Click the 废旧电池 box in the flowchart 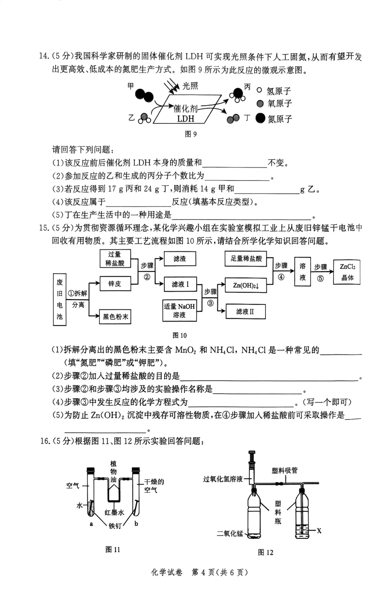pos(59,299)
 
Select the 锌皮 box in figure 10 pos(115,284)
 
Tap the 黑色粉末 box pos(115,317)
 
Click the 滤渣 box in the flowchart pos(180,259)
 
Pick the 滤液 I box pos(180,284)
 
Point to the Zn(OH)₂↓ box pos(246,285)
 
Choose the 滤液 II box pos(245,312)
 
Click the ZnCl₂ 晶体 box pos(347,272)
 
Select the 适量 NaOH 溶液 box pos(179,311)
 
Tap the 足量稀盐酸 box pos(246,259)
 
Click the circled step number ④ pos(281,277)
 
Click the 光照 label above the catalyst pos(190,86)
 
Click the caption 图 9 pos(191,134)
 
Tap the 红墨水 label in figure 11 pos(114,513)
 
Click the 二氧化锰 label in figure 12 pos(230,533)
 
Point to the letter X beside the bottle pos(319,531)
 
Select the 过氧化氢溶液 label pos(223,479)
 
